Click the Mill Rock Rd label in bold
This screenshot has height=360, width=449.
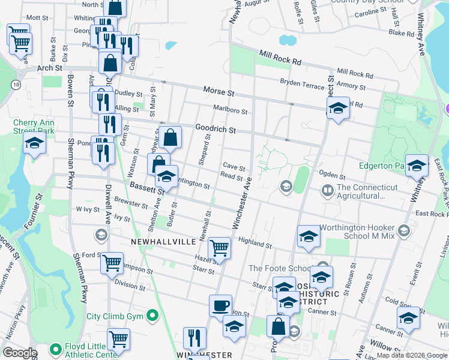pyautogui.click(x=280, y=58)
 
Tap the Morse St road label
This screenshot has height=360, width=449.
pyautogui.click(x=217, y=92)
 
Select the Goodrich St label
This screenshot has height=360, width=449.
pyautogui.click(x=215, y=128)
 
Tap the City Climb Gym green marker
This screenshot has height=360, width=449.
pyautogui.click(x=153, y=314)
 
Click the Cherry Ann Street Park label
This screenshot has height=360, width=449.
pyautogui.click(x=34, y=127)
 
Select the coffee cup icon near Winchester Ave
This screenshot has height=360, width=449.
pyautogui.click(x=220, y=305)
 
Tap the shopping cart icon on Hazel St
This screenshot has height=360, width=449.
pyautogui.click(x=220, y=247)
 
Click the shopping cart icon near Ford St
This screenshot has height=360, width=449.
pyautogui.click(x=112, y=262)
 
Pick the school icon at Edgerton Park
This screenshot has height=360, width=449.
pyautogui.click(x=417, y=166)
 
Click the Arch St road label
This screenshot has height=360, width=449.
pyautogui.click(x=49, y=68)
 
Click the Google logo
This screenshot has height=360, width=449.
pyautogui.click(x=20, y=352)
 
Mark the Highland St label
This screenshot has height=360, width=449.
pyautogui.click(x=255, y=241)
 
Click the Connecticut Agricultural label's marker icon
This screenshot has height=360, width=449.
pyautogui.click(x=327, y=191)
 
